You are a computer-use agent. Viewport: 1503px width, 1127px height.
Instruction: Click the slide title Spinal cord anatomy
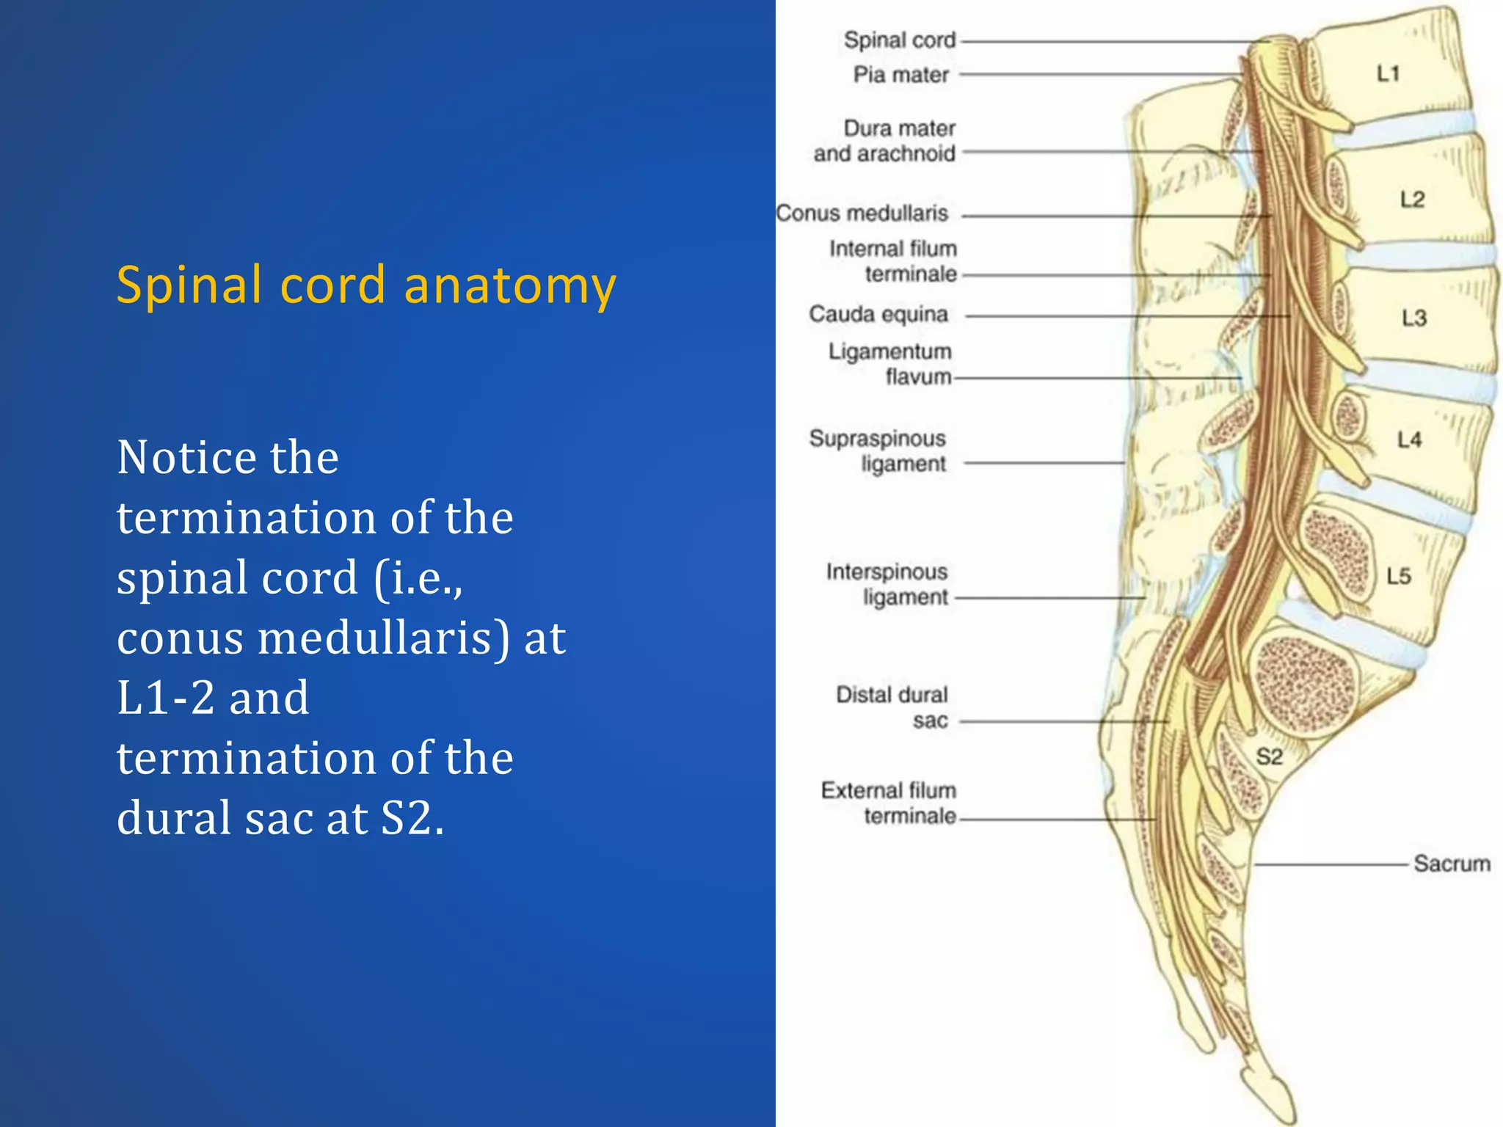(365, 285)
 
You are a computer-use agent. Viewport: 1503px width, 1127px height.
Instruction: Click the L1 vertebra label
(1388, 73)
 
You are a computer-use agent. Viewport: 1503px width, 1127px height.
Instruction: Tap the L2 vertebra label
(1411, 200)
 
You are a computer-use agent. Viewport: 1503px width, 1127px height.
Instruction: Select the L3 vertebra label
(1413, 318)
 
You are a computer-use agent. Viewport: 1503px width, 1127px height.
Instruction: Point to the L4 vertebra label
(1409, 440)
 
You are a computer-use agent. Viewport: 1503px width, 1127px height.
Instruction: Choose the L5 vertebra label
(1399, 577)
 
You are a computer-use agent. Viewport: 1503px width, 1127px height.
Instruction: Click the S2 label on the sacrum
(1269, 757)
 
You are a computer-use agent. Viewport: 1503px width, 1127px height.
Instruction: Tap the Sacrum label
(1451, 864)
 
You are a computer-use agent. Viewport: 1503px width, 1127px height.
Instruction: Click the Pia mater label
(900, 75)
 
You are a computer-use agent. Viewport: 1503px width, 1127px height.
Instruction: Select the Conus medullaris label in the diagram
(862, 214)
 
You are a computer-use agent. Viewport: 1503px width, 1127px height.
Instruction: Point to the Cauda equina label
(878, 315)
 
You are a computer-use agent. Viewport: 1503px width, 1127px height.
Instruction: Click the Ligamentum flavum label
(890, 364)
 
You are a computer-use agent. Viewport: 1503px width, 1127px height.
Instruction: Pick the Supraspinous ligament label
(878, 451)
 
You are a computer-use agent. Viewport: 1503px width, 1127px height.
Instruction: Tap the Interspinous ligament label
(887, 584)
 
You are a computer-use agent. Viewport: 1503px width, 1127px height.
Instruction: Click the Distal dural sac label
(892, 707)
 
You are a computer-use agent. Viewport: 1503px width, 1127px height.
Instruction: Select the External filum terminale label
(889, 803)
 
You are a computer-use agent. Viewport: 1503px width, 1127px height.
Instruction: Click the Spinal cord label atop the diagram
(900, 40)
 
